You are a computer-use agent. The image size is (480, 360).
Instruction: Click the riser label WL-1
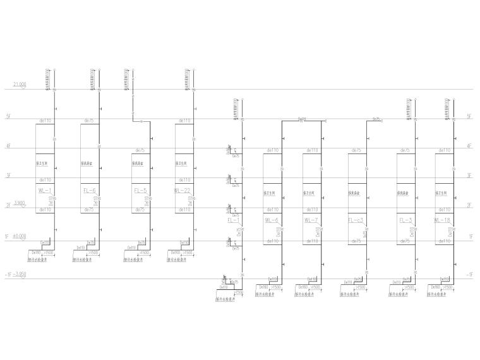44,190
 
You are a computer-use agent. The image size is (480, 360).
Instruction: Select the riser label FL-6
89,190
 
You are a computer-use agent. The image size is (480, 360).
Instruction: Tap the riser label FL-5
140,190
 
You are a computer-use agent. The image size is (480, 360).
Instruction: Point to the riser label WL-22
183,190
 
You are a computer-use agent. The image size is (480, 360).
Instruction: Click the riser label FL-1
233,220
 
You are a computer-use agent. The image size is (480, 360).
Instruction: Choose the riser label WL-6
272,220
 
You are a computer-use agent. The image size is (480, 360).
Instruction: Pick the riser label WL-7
310,220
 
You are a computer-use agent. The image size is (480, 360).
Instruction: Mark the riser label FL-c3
356,220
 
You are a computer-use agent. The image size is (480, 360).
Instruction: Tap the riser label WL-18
442,220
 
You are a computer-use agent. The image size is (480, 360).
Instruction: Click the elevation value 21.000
20,84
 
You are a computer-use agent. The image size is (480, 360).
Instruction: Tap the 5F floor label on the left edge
8,117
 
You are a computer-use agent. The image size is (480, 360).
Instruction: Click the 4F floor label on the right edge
469,146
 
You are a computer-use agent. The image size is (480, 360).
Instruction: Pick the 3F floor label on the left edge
8,176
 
